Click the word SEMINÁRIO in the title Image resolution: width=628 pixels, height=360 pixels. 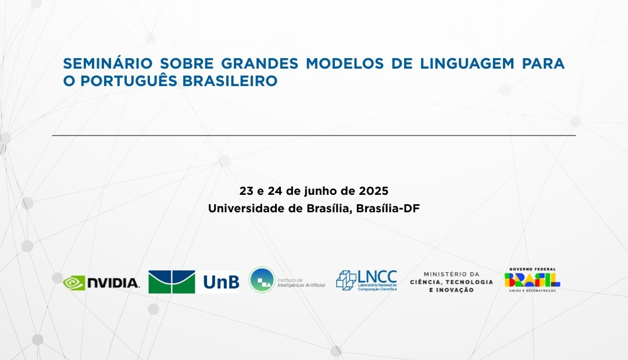(108, 63)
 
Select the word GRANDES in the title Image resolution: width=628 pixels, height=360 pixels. (259, 63)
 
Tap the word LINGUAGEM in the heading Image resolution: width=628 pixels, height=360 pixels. (467, 63)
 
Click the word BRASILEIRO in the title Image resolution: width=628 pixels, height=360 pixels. (230, 81)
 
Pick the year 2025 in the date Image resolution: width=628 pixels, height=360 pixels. (373, 191)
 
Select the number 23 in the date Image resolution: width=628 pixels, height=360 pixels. (247, 191)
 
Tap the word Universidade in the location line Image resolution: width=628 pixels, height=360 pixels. (248, 209)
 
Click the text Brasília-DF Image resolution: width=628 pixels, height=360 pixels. (388, 209)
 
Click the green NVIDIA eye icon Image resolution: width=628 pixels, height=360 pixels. (74, 283)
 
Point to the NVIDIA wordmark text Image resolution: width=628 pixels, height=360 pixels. (113, 283)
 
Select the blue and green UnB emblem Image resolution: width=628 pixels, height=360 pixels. (172, 282)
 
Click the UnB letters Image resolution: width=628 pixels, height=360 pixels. (221, 282)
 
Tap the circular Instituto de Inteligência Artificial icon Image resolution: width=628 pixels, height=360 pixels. (262, 280)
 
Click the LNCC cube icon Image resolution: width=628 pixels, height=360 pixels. (346, 280)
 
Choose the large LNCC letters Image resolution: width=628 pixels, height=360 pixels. (377, 276)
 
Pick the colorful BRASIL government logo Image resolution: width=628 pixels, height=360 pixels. (532, 280)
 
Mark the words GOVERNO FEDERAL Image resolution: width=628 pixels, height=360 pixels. (533, 269)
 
